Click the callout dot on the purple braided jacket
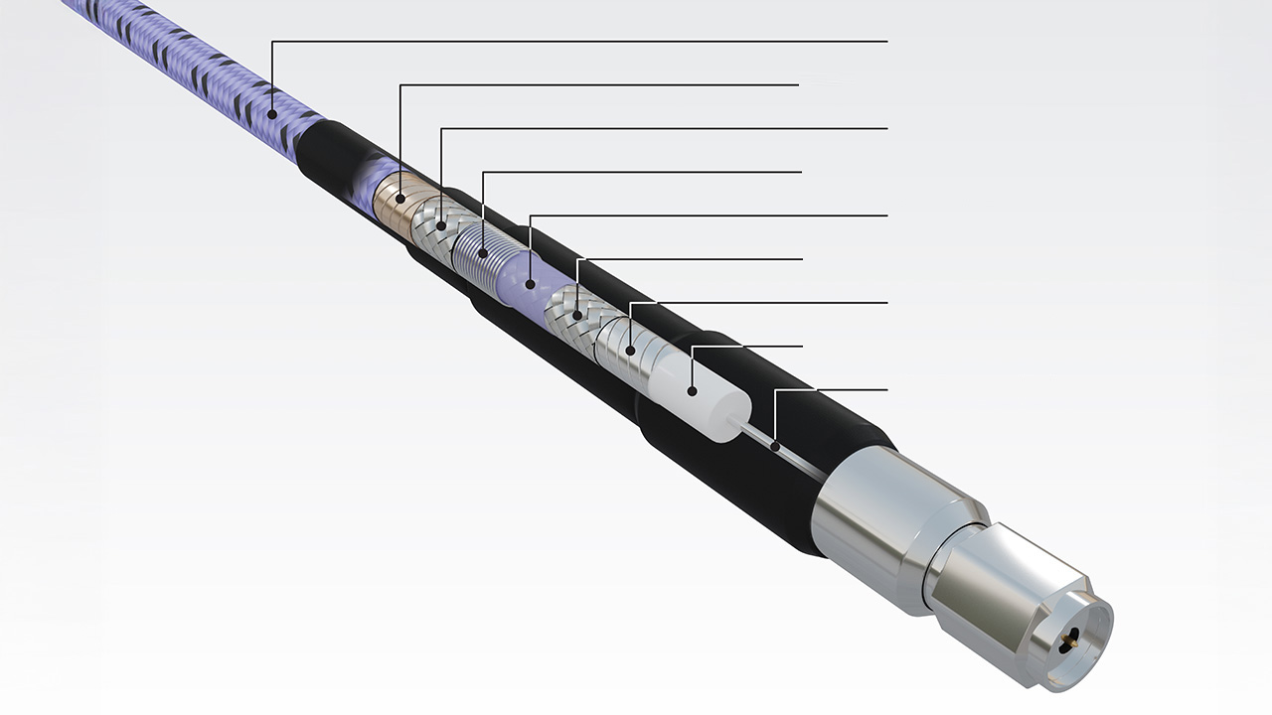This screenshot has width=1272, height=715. (271, 117)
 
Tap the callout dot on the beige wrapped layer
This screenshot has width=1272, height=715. (400, 199)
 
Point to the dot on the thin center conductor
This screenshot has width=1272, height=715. (774, 447)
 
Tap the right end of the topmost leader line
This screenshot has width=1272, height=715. (885, 42)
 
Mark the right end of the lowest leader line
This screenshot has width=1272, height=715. (885, 390)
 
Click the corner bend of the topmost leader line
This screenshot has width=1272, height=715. (271, 42)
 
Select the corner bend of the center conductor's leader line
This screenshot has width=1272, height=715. (774, 390)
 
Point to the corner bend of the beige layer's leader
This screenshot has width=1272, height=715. (400, 85)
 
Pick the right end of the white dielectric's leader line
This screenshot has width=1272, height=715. (801, 347)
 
